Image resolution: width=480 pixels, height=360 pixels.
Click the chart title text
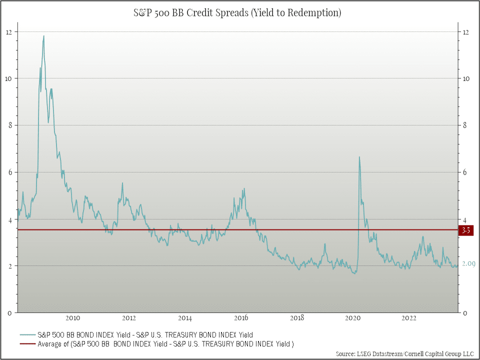coord(240,13)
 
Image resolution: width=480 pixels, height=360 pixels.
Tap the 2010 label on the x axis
coord(73,318)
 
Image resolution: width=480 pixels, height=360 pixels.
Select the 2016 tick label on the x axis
coord(241,318)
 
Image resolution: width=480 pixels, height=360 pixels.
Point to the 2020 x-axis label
coord(353,318)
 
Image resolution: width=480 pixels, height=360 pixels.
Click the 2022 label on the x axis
coord(409,318)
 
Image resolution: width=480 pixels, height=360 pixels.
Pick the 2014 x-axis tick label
coord(185,318)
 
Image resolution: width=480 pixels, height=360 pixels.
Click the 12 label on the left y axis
coord(9,32)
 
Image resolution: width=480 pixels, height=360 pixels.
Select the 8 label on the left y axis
coord(9,125)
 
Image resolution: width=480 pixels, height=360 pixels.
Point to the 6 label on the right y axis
coord(465,172)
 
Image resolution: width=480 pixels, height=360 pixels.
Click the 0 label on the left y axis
coord(9,313)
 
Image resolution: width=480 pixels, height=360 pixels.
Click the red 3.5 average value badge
coord(465,230)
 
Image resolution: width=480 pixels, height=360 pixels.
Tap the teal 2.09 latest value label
coord(467,264)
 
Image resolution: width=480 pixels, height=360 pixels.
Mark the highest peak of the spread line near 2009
coord(44,36)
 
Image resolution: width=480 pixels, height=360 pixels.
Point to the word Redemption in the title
coord(315,13)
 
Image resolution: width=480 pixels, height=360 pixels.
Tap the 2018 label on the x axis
coord(297,318)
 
